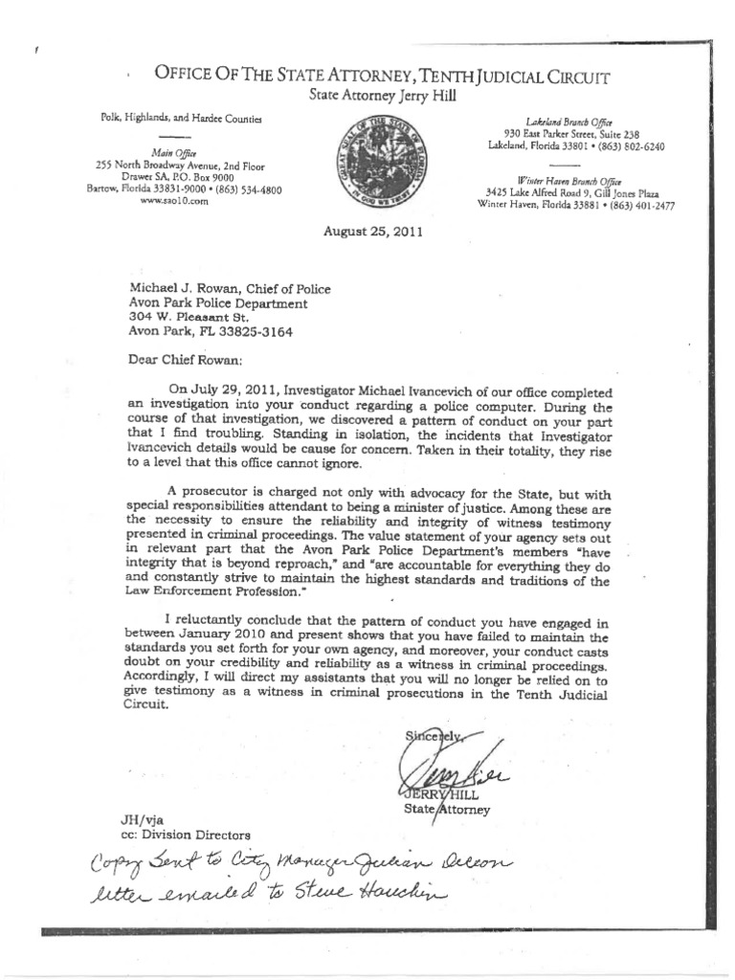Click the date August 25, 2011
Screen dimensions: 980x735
(369, 232)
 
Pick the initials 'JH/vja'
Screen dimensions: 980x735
(134, 819)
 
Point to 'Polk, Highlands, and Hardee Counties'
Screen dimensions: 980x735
(162, 117)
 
